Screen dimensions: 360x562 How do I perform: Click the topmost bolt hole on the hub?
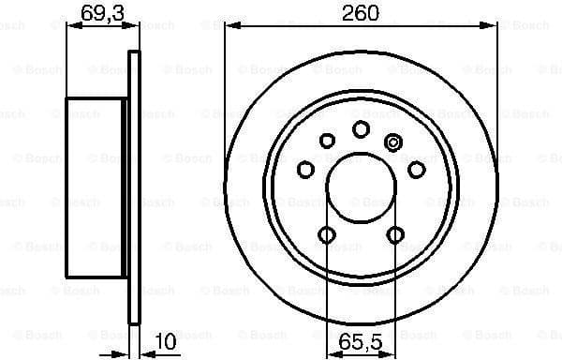click(x=361, y=129)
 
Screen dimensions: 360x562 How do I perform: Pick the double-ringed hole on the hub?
click(x=393, y=142)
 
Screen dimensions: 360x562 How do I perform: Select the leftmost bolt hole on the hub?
click(x=306, y=170)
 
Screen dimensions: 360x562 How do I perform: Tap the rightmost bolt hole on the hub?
click(x=416, y=169)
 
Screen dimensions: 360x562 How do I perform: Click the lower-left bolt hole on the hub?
click(x=327, y=235)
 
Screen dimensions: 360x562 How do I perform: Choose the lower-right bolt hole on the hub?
click(x=395, y=235)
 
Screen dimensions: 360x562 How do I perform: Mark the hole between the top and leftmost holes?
click(x=327, y=141)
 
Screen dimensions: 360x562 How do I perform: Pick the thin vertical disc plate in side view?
click(x=133, y=187)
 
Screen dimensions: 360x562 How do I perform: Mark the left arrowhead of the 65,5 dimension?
click(x=331, y=352)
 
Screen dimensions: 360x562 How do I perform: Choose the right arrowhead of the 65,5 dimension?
click(x=392, y=352)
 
